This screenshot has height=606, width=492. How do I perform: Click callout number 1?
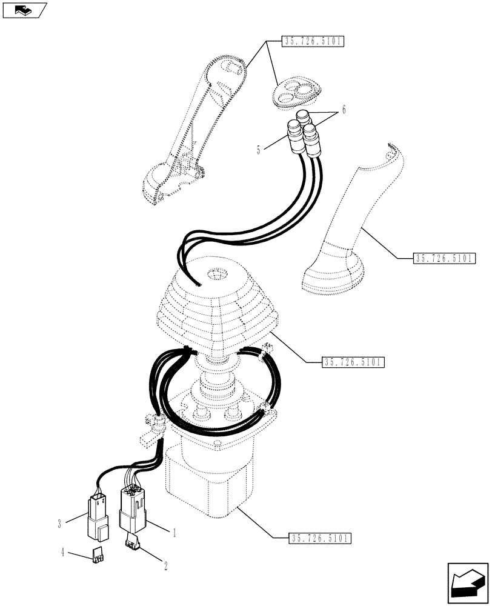coord(175,533)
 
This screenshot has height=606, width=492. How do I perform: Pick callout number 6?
coord(344,110)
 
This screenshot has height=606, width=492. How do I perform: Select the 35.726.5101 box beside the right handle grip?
coord(445,258)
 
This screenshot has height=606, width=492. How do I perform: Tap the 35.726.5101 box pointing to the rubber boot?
coord(353,362)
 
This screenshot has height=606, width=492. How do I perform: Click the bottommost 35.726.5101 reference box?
coord(319,538)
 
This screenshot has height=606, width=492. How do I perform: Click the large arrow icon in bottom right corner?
coord(467,584)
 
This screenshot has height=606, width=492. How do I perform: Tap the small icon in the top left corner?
coord(24,9)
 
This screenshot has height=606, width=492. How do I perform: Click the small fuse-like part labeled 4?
coord(97,553)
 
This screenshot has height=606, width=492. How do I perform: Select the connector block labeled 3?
coord(98,515)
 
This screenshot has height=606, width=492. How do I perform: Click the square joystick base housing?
coord(209,479)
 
